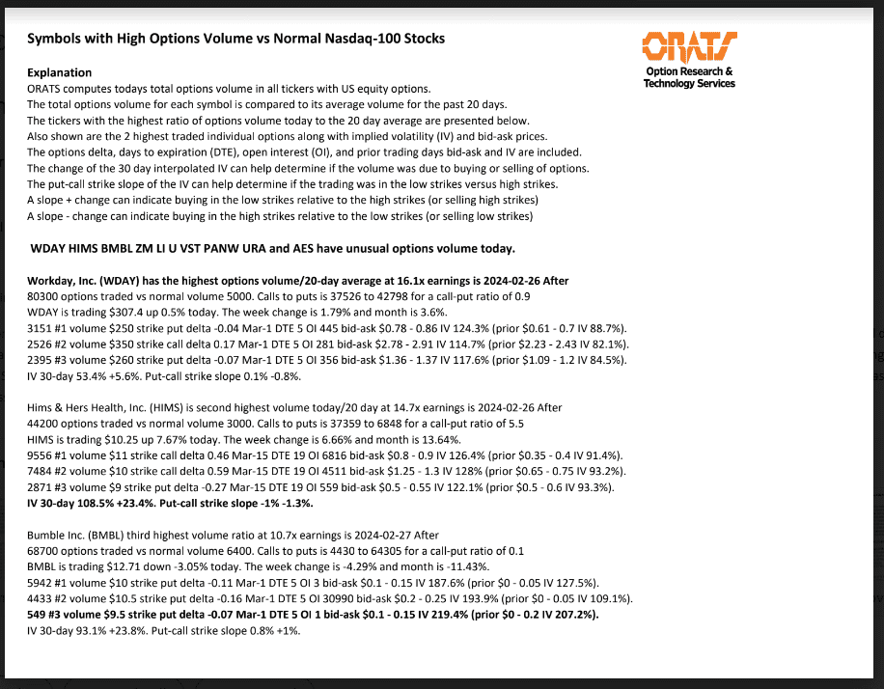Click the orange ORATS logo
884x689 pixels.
(x=689, y=46)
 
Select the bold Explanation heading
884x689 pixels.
(x=60, y=72)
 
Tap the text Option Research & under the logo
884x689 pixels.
(x=689, y=71)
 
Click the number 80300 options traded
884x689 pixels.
(x=43, y=297)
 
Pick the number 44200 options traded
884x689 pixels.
(x=43, y=424)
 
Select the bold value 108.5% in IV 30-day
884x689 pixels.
(x=99, y=503)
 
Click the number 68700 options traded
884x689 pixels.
(x=43, y=551)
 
